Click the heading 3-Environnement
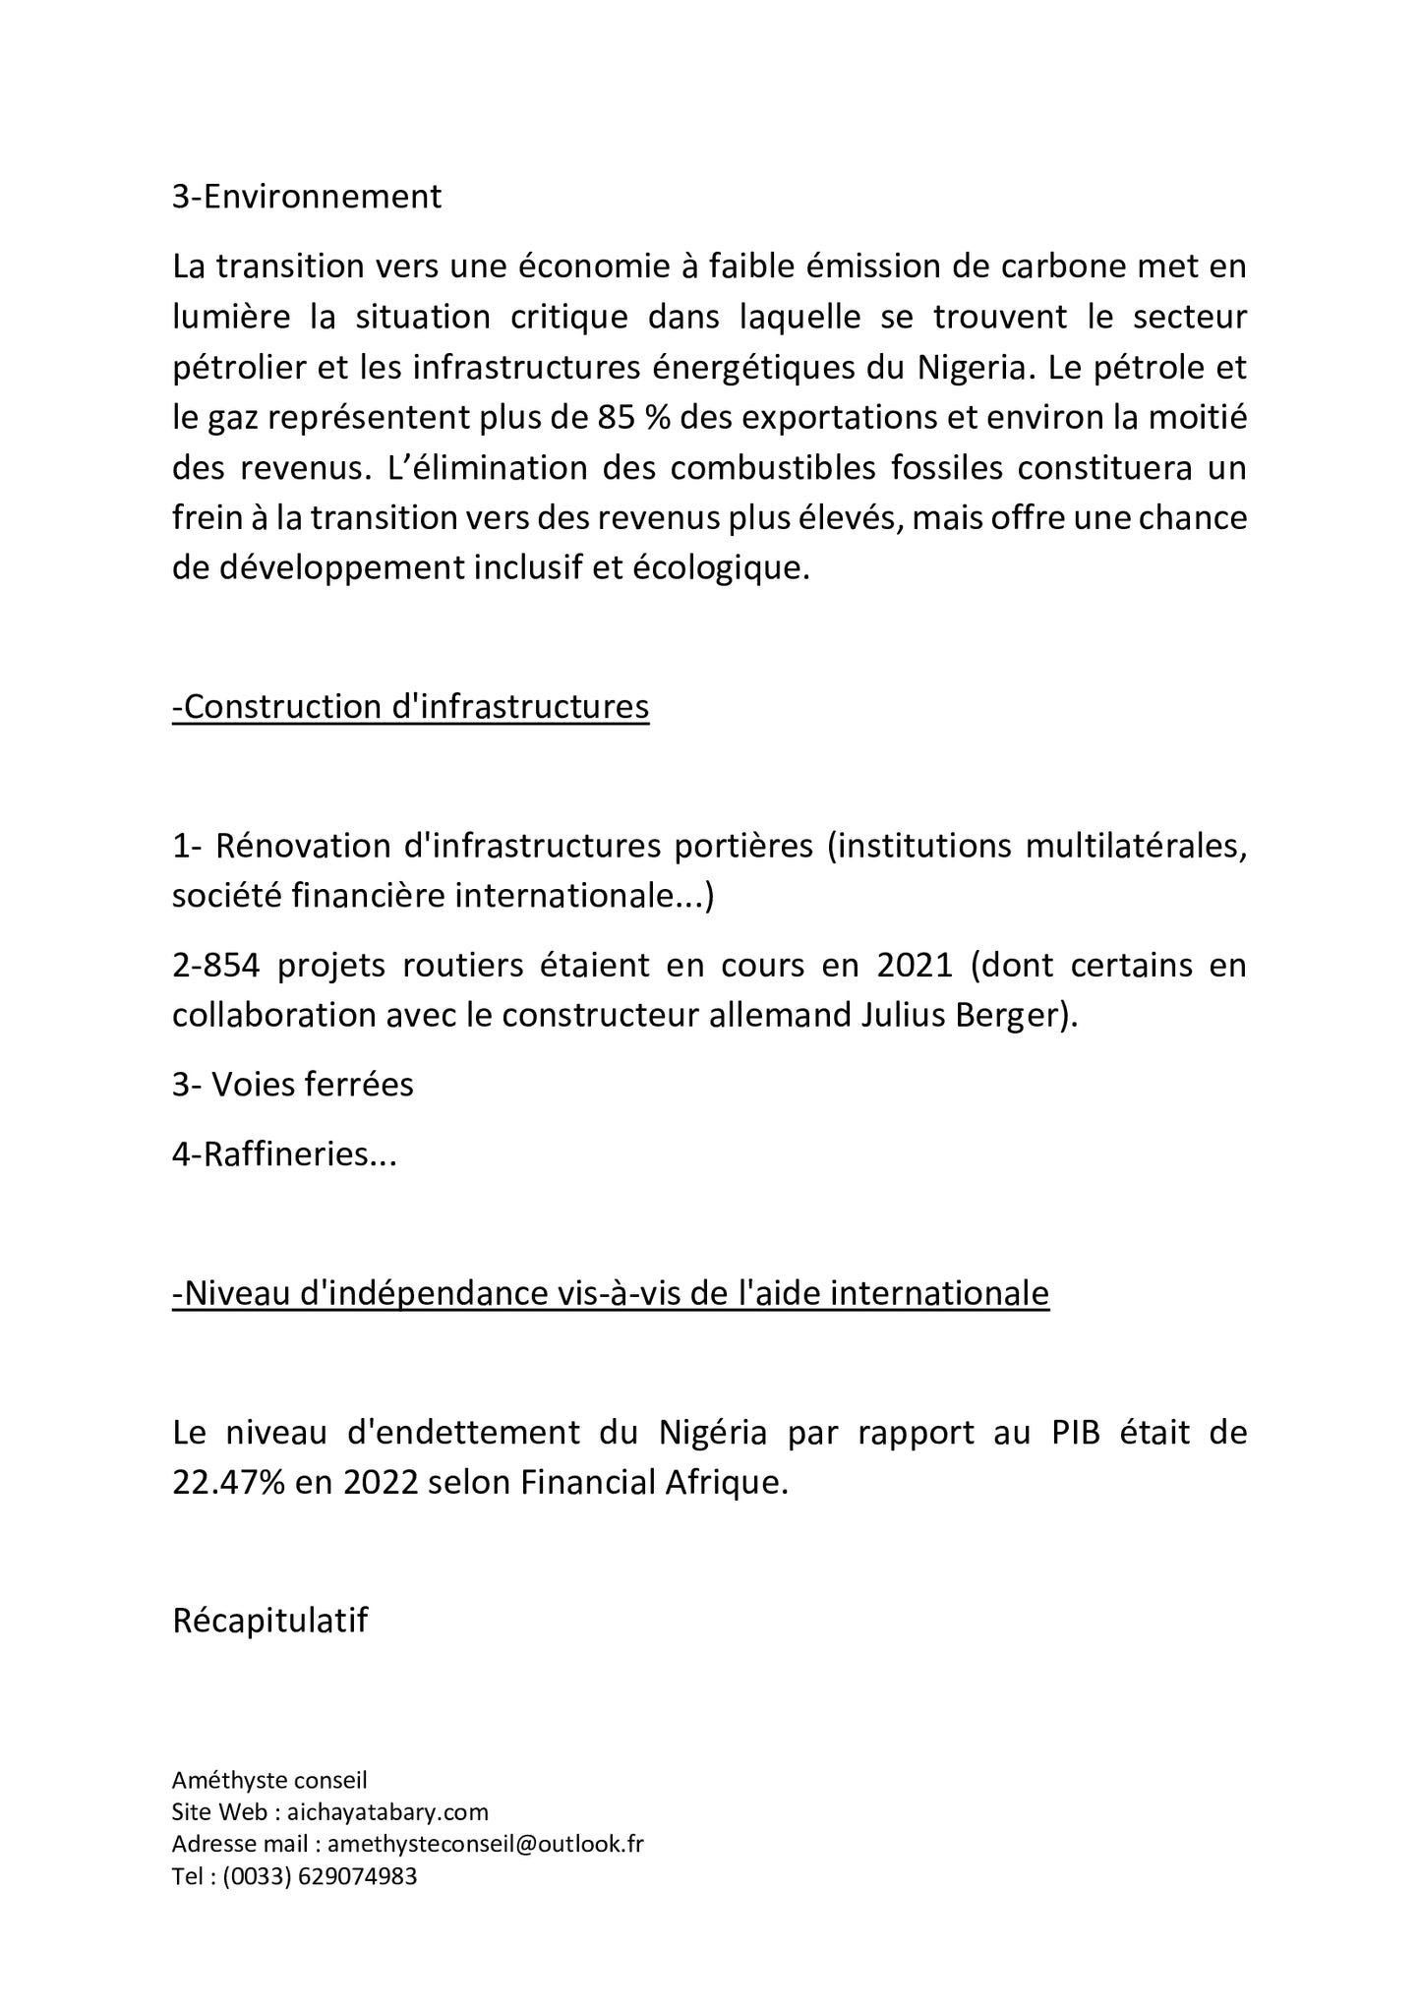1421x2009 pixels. pos(307,197)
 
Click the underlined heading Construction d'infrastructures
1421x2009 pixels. pos(411,707)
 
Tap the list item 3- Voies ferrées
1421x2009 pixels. pos(293,1085)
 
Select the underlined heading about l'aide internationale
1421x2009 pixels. pos(611,1293)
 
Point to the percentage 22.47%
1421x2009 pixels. pos(228,1483)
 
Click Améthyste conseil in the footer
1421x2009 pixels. pos(269,1780)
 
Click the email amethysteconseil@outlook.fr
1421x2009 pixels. pos(485,1844)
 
